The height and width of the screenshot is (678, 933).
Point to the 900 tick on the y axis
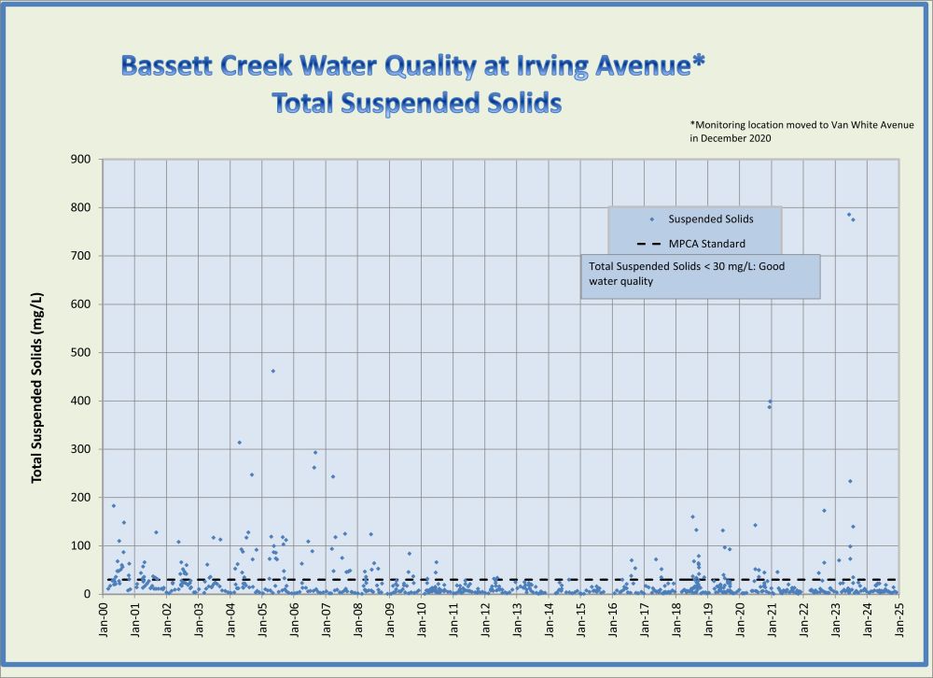coord(81,160)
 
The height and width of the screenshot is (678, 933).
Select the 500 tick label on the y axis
coord(81,353)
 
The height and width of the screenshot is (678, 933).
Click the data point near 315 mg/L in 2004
coord(240,442)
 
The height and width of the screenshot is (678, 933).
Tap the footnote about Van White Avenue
coord(801,131)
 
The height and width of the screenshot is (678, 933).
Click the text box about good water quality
coord(700,276)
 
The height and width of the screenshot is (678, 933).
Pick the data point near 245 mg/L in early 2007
coord(333,476)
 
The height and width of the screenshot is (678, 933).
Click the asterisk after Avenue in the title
coord(698,63)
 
